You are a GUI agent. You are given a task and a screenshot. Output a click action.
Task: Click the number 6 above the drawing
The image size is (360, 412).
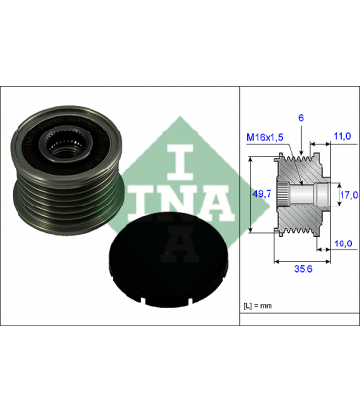[x=302, y=117]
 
